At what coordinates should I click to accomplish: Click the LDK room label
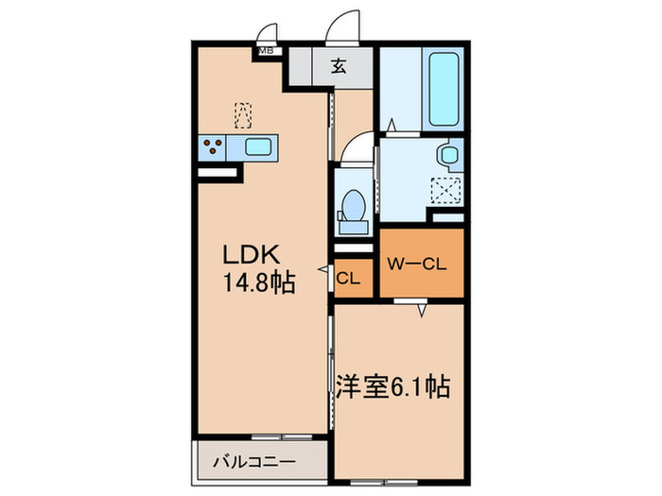click(250, 255)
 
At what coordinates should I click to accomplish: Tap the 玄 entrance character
click(338, 66)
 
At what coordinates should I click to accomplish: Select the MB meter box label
click(267, 51)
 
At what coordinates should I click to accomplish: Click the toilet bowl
click(354, 205)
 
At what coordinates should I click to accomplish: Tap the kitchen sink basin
click(259, 146)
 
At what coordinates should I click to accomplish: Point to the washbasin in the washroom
click(448, 155)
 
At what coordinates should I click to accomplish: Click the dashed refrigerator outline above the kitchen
click(244, 114)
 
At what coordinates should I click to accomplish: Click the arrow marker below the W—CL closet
click(422, 309)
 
